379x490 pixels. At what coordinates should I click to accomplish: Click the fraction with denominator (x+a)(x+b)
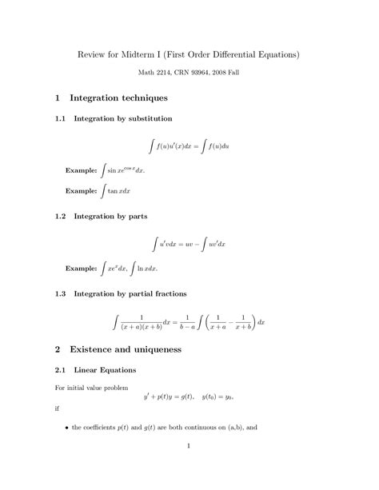[146, 322]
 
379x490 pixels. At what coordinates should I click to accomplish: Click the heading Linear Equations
[105, 370]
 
